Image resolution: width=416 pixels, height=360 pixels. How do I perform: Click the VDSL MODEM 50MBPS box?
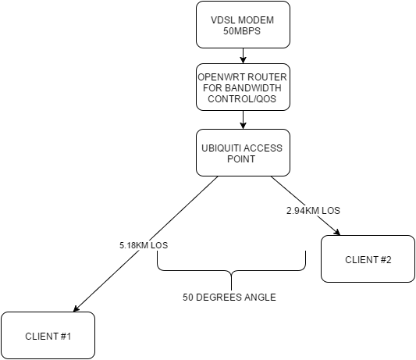point(243,25)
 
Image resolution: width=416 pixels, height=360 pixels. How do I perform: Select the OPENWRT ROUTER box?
point(243,87)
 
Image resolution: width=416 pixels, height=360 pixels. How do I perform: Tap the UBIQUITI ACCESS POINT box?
point(243,152)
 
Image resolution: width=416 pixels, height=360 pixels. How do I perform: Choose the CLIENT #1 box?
point(48,336)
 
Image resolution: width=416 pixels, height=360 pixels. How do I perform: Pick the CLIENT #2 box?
point(368,258)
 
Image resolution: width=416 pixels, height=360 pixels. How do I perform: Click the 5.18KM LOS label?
point(144,245)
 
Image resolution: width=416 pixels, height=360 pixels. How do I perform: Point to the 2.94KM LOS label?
point(313,211)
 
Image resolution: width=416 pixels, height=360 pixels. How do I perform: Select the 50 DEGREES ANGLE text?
point(229,297)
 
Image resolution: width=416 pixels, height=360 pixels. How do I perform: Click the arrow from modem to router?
point(243,55)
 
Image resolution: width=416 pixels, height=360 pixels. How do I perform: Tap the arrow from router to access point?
point(243,119)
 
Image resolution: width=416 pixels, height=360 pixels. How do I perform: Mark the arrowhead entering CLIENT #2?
point(337,232)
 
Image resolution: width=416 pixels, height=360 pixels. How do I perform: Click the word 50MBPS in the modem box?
point(242,31)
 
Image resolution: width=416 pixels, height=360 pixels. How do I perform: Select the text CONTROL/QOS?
point(242,98)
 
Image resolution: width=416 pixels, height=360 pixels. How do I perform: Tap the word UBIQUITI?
point(220,148)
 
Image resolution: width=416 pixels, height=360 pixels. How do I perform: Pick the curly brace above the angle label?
point(232,270)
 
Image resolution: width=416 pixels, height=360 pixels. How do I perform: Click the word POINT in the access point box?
point(241,159)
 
